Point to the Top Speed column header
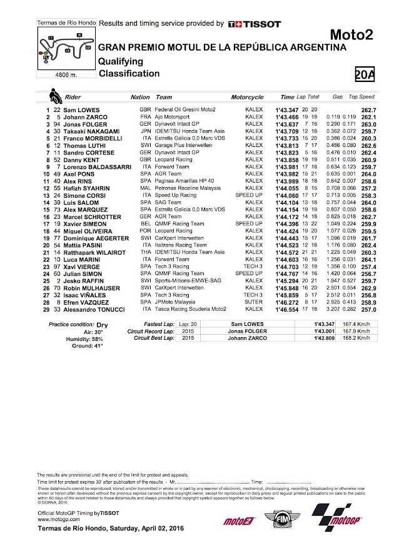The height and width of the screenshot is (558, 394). coord(361,98)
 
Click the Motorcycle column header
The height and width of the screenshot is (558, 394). coord(247,98)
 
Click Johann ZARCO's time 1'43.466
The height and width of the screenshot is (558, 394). coord(291,116)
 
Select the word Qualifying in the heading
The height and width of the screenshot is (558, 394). coord(121,61)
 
